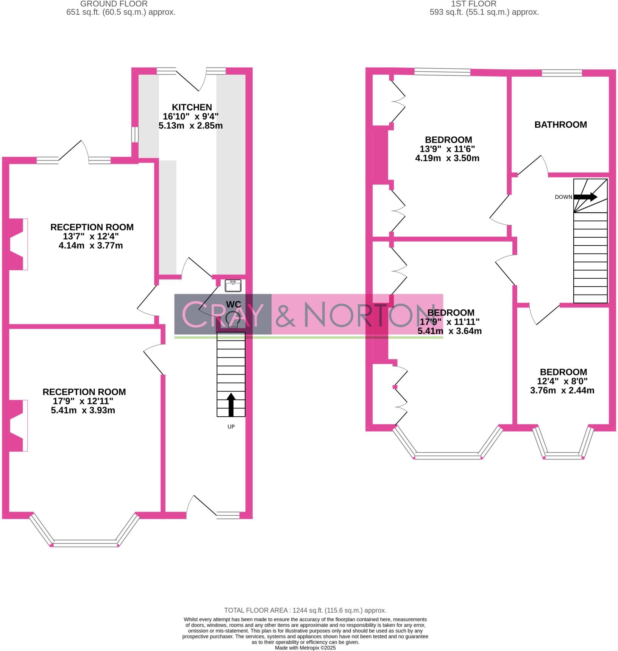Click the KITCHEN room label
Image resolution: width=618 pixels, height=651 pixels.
click(x=192, y=107)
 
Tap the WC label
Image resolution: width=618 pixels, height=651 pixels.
click(x=233, y=304)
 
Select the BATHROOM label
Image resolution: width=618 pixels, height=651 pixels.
click(x=560, y=125)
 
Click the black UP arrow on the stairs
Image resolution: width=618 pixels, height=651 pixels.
click(x=231, y=405)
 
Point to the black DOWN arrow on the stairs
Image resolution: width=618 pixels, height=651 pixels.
click(x=585, y=197)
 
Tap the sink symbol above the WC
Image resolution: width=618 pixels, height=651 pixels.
click(x=233, y=285)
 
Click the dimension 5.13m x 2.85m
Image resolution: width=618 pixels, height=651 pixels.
click(x=190, y=125)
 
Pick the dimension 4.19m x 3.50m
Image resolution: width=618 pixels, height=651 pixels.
click(x=447, y=158)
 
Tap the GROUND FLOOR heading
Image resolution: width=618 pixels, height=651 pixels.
click(x=114, y=4)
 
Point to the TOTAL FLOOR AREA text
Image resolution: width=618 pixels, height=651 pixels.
click(x=305, y=610)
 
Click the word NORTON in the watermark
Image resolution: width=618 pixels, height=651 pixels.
click(x=365, y=314)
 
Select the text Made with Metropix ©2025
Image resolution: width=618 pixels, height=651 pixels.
click(x=305, y=648)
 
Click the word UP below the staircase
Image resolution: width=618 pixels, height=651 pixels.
click(x=231, y=427)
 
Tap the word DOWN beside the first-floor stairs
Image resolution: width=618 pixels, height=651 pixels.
click(x=563, y=197)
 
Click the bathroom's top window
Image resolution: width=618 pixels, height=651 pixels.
click(x=562, y=73)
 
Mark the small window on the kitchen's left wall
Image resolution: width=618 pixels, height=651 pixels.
click(x=134, y=135)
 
